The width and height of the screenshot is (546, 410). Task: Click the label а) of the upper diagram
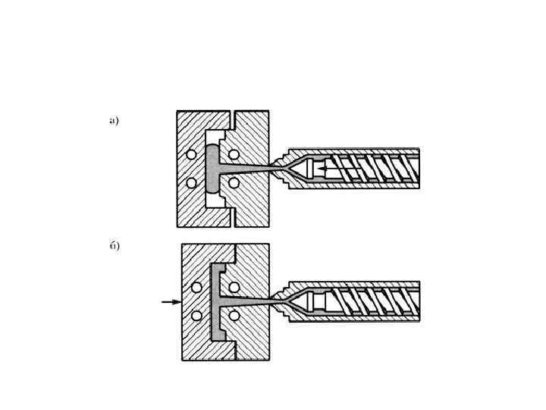tap(114, 120)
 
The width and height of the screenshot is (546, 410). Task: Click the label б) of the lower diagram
tap(114, 246)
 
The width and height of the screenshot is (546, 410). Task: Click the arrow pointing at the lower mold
tap(171, 301)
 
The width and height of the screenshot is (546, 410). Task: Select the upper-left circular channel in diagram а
tap(191, 155)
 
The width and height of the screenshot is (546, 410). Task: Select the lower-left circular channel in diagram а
tap(191, 182)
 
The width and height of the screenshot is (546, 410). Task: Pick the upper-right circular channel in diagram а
tap(234, 155)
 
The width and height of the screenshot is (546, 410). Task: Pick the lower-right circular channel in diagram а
tap(234, 182)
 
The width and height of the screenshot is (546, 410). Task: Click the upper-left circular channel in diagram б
tap(196, 287)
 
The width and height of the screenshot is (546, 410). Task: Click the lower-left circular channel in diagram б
tap(196, 315)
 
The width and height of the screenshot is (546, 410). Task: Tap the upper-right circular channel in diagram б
tap(234, 287)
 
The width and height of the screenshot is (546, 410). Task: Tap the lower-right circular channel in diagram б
tap(234, 315)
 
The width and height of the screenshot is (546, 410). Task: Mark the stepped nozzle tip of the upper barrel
tap(282, 169)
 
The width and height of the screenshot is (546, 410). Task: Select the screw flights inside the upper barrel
tap(372, 168)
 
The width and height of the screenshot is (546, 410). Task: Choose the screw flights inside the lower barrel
tap(372, 301)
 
